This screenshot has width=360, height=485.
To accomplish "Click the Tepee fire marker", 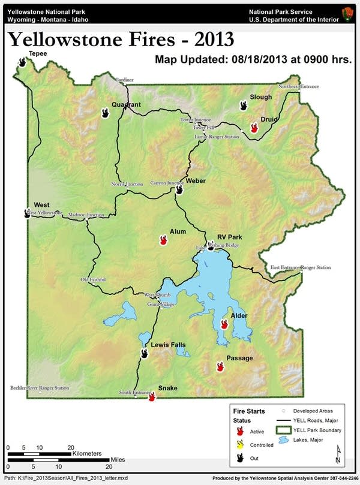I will click(23, 62).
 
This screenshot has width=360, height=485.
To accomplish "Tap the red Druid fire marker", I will click(254, 126).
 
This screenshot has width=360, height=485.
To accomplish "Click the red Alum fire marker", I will click(163, 240).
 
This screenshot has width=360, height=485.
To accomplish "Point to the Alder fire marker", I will click(224, 324).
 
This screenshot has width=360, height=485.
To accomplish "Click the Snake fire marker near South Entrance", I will click(152, 396).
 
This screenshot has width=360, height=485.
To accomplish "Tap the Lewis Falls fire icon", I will click(145, 353).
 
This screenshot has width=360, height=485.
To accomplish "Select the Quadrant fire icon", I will click(106, 113).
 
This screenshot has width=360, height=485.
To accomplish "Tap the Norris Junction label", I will click(127, 184).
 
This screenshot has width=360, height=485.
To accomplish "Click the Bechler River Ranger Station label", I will click(40, 388).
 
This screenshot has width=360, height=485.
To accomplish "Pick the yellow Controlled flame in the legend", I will click(240, 444).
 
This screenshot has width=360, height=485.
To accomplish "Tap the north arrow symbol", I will click(338, 454).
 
